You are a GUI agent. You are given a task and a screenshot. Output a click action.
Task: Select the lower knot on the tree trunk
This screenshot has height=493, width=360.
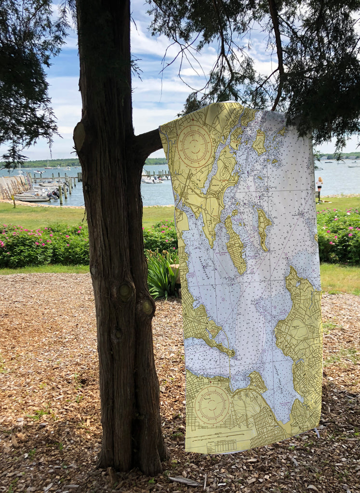(147, 306)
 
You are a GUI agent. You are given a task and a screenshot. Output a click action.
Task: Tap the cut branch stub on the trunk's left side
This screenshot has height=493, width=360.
(79, 136)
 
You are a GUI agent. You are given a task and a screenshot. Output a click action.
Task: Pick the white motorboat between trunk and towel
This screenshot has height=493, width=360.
(152, 181)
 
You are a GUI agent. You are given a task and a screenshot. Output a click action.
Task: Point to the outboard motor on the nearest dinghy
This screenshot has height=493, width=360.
(54, 194)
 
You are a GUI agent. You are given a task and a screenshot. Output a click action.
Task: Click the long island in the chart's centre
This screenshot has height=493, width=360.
(235, 246)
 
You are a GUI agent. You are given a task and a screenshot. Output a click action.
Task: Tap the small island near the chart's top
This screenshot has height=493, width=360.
(259, 142)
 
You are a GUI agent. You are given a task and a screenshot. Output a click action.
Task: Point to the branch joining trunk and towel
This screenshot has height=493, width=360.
(148, 142)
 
